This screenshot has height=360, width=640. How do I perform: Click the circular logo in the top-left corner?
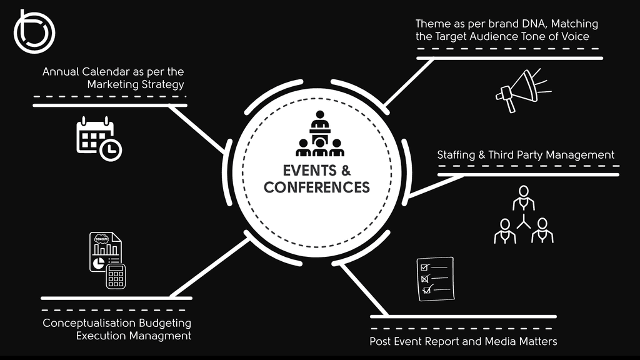tap(34, 31)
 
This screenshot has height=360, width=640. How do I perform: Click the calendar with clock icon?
tap(98, 138)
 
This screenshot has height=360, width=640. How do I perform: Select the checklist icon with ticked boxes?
tap(435, 279)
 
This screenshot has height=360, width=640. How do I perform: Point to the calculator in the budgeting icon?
tap(116, 276)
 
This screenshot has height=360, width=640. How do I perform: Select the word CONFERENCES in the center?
tap(317, 187)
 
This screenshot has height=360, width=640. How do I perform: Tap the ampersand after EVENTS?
tap(345, 171)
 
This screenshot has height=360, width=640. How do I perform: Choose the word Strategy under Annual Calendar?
tap(163, 84)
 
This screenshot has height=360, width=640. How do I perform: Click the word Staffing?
tap(456, 154)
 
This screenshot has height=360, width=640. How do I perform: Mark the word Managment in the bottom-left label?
tap(162, 336)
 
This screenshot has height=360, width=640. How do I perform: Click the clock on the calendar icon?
tap(111, 149)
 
